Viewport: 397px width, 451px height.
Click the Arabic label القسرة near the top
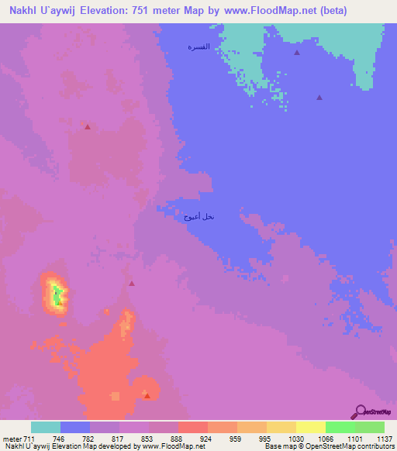pyautogui.click(x=199, y=48)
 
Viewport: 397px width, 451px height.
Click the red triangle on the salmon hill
pyautogui.click(x=147, y=395)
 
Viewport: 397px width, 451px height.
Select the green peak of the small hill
pyautogui.click(x=56, y=294)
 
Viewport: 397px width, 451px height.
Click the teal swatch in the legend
pyautogui.click(x=46, y=427)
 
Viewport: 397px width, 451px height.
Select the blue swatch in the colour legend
pyautogui.click(x=75, y=427)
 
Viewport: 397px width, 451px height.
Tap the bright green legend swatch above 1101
pyautogui.click(x=340, y=427)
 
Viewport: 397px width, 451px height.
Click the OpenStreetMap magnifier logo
pyautogui.click(x=359, y=411)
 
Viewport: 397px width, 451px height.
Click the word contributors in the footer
pyautogui.click(x=375, y=446)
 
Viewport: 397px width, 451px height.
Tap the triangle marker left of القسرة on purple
pyautogui.click(x=88, y=126)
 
